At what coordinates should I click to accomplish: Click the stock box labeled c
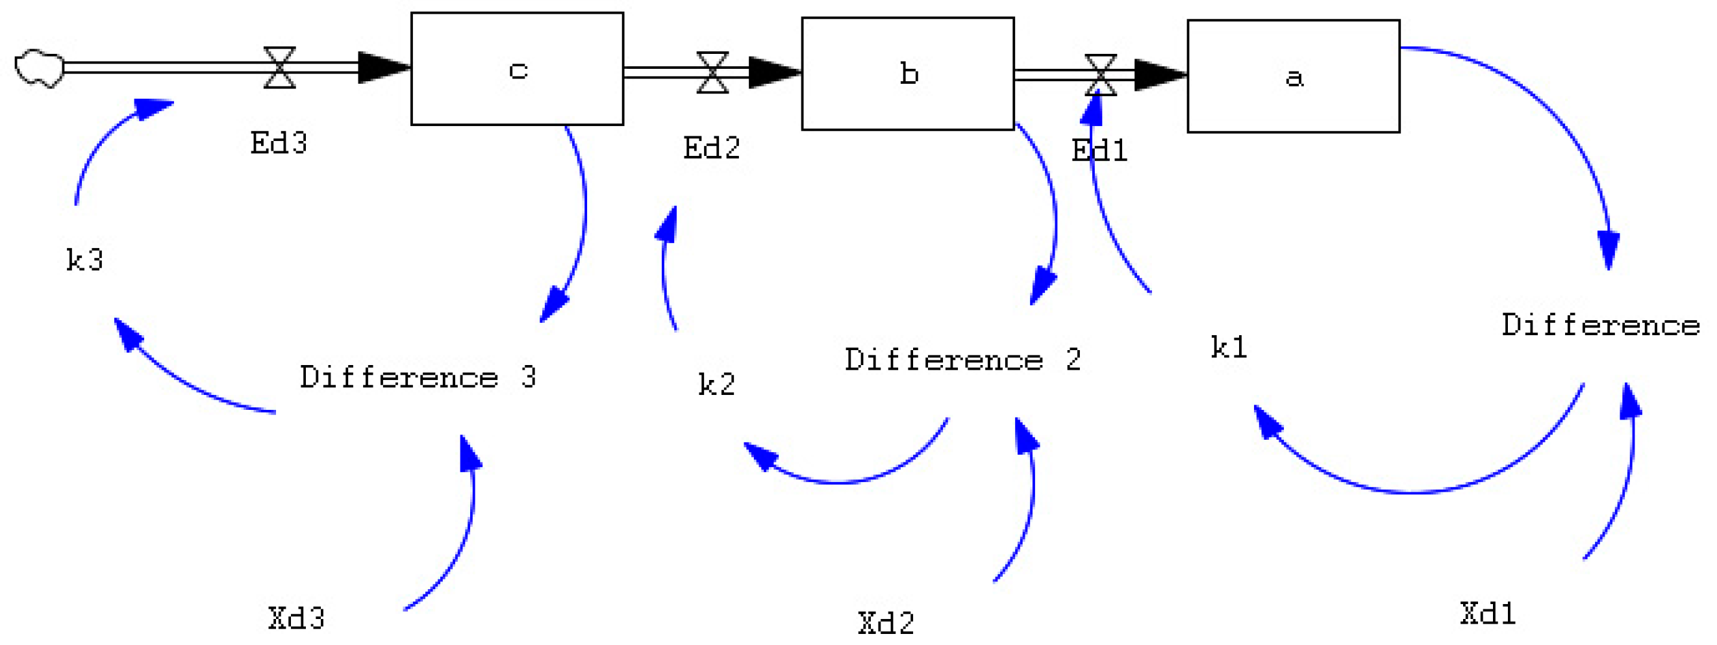click(516, 69)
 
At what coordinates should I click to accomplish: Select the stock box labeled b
click(907, 73)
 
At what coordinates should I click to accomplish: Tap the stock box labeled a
click(1293, 76)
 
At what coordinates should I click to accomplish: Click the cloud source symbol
click(40, 68)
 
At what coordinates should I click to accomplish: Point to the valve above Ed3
click(279, 68)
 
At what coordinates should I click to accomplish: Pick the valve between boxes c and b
click(712, 72)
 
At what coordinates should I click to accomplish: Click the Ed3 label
click(279, 143)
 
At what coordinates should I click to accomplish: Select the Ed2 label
click(711, 147)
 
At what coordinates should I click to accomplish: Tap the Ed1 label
click(1099, 150)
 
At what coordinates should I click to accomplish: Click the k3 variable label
click(84, 259)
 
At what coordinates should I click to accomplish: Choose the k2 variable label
click(716, 384)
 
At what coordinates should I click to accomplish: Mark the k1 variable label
click(1229, 347)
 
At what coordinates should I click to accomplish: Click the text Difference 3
click(418, 377)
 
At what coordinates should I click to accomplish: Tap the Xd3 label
click(297, 618)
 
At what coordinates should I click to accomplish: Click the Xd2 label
click(886, 623)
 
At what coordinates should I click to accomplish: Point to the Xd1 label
click(1488, 613)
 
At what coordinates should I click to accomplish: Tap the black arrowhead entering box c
click(383, 68)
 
